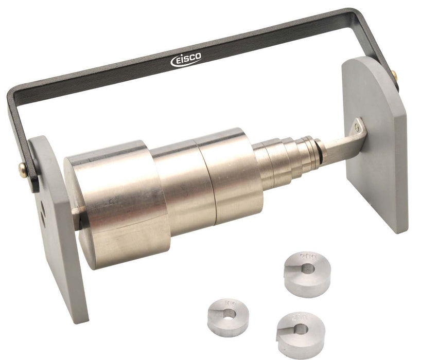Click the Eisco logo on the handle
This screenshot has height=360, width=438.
186,60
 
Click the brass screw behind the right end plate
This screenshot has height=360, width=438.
394,76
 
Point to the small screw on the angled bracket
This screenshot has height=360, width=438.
357,124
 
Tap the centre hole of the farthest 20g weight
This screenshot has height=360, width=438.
308,268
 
